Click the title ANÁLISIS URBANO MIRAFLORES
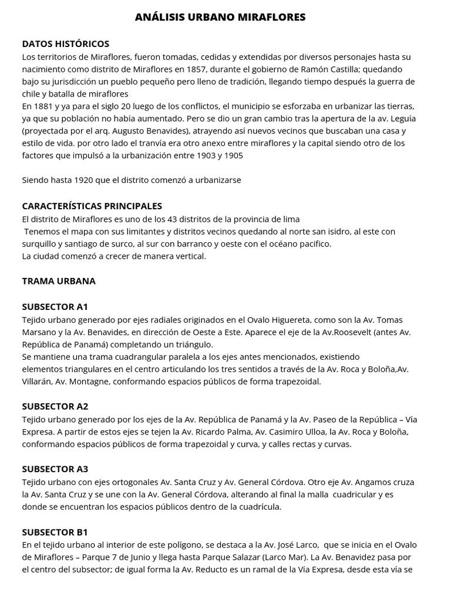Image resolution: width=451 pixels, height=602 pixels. click(x=220, y=18)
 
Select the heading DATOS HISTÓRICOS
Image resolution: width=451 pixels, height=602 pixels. click(x=66, y=44)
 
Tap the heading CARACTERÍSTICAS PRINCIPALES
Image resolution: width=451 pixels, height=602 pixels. click(x=92, y=206)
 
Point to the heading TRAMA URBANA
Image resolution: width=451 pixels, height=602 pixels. click(x=59, y=281)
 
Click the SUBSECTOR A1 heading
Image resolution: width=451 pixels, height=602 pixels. click(x=55, y=307)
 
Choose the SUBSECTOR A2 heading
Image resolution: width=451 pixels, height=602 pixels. click(x=55, y=406)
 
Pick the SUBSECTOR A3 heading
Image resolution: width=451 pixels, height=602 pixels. click(x=55, y=469)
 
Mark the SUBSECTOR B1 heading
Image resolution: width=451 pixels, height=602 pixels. click(x=55, y=533)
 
